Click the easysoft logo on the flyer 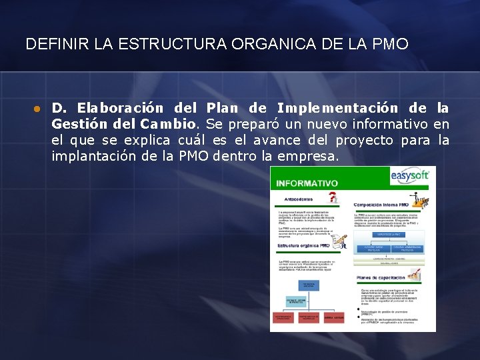click(x=410, y=176)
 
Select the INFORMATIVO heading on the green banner click(x=307, y=183)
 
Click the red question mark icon click(x=333, y=197)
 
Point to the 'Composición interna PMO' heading click(x=381, y=205)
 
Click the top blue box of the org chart click(x=309, y=285)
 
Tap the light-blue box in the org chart click(x=297, y=301)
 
